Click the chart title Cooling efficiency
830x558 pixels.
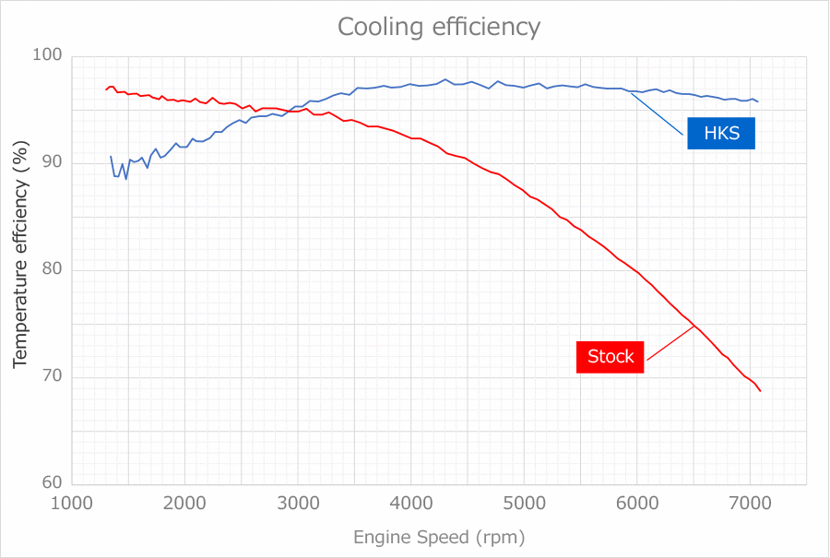438,27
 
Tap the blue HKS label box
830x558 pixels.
720,134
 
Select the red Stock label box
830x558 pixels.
611,357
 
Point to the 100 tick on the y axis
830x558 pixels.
48,56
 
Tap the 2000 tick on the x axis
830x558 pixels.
185,503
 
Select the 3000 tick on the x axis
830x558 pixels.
298,503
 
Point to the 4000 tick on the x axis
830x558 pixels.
411,503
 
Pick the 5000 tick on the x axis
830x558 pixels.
524,503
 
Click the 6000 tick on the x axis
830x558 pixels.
636,503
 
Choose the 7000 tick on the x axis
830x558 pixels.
749,503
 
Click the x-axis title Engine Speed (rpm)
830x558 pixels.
438,537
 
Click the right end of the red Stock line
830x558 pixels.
760,391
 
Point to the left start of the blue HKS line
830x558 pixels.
111,157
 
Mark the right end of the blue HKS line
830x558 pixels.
757,101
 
